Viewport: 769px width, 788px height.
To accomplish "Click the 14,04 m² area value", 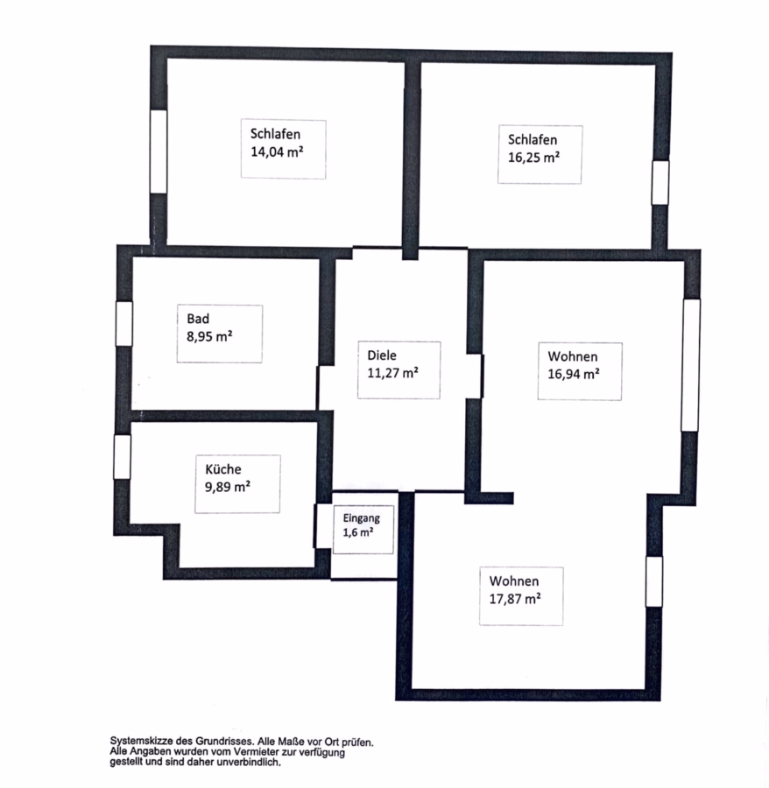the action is click(277, 151).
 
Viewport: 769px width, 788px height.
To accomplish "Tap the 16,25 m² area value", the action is click(533, 158).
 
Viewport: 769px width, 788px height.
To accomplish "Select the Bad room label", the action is click(198, 319).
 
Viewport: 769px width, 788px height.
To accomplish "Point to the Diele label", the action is click(382, 355).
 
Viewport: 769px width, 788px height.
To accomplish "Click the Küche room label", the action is click(223, 469).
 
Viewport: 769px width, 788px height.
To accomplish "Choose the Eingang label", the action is click(362, 518).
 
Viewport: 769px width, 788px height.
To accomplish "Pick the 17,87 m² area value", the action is click(515, 599).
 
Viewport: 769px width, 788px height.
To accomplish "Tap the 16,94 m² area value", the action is click(574, 375).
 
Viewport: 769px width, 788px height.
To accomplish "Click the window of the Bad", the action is click(124, 324).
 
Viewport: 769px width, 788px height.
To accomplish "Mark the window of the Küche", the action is click(122, 457).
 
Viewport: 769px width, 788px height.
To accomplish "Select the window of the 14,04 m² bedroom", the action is click(159, 151).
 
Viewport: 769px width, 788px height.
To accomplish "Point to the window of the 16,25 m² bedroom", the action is click(660, 182).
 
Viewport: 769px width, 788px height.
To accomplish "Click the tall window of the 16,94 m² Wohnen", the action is click(690, 365).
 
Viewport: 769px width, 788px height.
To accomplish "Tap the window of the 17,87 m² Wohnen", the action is click(654, 581).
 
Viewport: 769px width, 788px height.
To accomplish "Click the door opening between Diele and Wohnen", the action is click(475, 376).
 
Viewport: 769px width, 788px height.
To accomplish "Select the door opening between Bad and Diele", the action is click(325, 388).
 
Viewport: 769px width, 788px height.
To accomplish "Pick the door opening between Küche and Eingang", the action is click(322, 525).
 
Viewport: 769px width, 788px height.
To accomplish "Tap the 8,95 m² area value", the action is click(209, 336).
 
